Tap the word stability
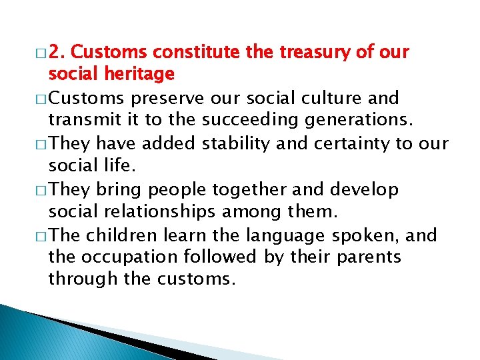(x=219, y=143)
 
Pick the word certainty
(x=336, y=143)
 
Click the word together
(x=257, y=189)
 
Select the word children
(x=121, y=235)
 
